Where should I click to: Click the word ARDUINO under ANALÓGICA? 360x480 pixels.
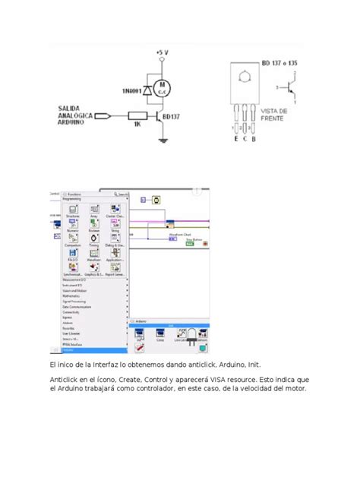tap(73, 124)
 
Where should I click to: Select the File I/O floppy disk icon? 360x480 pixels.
tap(73, 262)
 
